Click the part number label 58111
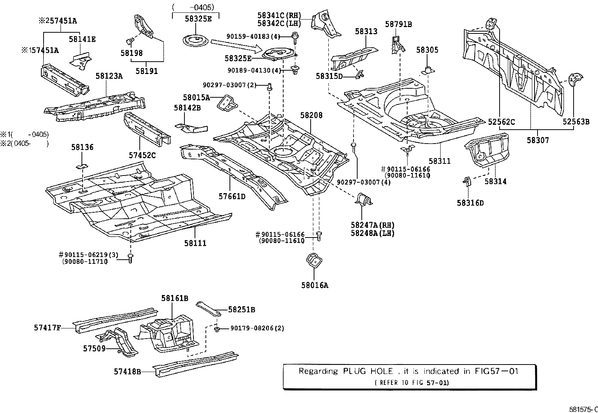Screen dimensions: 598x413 click(x=195, y=243)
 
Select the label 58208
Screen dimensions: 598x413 click(x=311, y=115)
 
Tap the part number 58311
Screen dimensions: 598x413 click(x=440, y=161)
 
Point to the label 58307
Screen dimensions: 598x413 click(x=538, y=140)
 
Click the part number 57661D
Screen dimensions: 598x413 click(x=232, y=196)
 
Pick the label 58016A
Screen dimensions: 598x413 click(x=315, y=285)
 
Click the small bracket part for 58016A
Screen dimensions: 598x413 click(x=314, y=260)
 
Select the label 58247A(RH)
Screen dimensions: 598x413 click(x=373, y=225)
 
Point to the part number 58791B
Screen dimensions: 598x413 click(x=398, y=24)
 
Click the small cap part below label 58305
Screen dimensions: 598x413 click(x=428, y=71)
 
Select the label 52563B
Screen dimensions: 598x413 click(x=576, y=121)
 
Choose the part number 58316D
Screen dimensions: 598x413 click(x=470, y=203)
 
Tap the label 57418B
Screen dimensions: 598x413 click(x=127, y=372)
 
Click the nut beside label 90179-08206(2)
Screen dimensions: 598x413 click(x=217, y=329)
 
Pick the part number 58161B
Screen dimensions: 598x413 click(x=175, y=298)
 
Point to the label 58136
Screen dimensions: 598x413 click(x=82, y=147)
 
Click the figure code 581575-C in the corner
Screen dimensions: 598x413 click(x=583, y=409)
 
